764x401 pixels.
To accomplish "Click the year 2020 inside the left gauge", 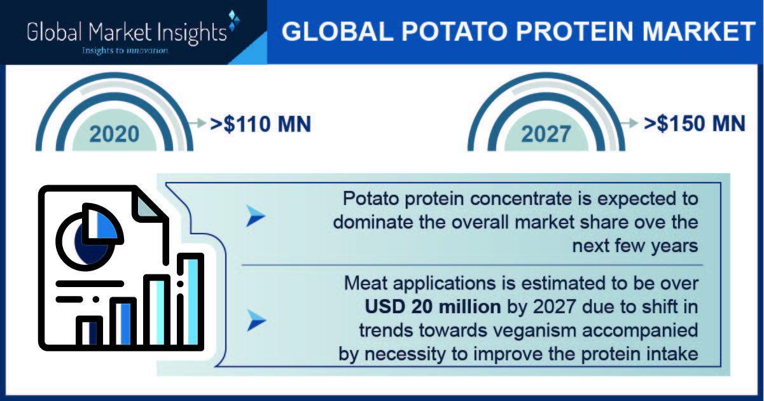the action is pos(115,134).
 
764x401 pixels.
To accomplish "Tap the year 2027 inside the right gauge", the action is pos(546,134).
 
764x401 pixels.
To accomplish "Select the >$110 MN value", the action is pos(261,124).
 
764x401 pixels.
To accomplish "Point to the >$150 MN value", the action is pos(695,123).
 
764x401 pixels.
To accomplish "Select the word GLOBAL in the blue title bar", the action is pos(337,31).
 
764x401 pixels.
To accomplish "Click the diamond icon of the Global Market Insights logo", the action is pos(233,20).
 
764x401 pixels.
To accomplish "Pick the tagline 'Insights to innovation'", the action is pos(125,51).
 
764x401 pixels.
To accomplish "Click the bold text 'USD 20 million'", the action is pos(433,307).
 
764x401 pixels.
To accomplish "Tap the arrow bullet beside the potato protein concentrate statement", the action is pos(256,216).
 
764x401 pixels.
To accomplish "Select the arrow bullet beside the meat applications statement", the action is pos(256,320).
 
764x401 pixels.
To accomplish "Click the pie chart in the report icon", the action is pos(89,236).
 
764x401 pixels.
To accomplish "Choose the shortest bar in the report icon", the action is pos(89,332).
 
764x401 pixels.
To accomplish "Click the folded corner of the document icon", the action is pos(148,206).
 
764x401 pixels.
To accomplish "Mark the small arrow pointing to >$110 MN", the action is pos(197,123).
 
